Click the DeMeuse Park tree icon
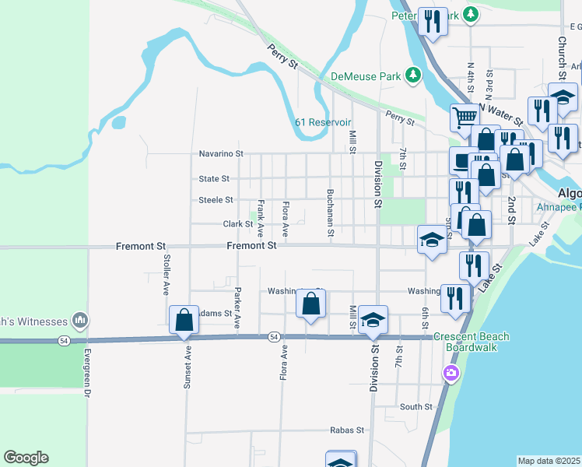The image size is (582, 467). [413, 75]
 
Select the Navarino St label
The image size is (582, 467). [221, 154]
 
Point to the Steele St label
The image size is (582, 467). [216, 200]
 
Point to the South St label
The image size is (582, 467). [415, 406]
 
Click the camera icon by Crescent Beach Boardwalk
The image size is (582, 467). [451, 374]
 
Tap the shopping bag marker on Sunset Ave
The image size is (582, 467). [184, 320]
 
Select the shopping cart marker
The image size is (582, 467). [465, 118]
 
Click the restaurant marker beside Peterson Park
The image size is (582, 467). [432, 21]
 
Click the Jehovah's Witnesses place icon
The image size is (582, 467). [79, 319]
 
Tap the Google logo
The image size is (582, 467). [26, 458]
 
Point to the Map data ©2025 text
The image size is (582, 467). [549, 461]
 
